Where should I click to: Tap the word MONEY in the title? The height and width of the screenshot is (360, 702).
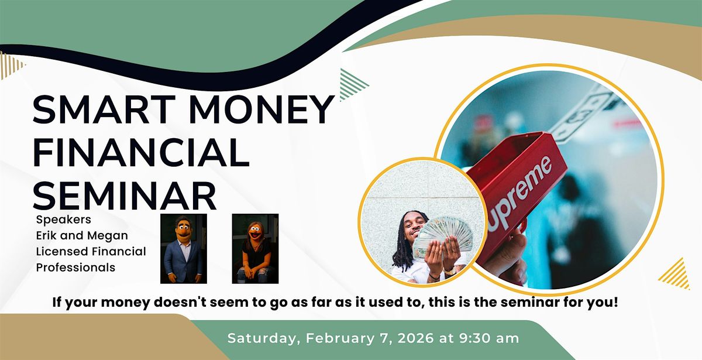click(x=262, y=110)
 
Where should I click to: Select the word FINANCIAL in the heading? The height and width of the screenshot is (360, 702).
click(x=141, y=153)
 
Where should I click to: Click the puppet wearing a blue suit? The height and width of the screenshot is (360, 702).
click(x=183, y=249)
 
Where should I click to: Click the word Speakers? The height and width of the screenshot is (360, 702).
click(x=64, y=220)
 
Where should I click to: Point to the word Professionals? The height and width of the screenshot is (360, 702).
click(x=76, y=268)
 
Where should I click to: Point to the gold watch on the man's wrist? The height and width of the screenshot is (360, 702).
click(x=450, y=272)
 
